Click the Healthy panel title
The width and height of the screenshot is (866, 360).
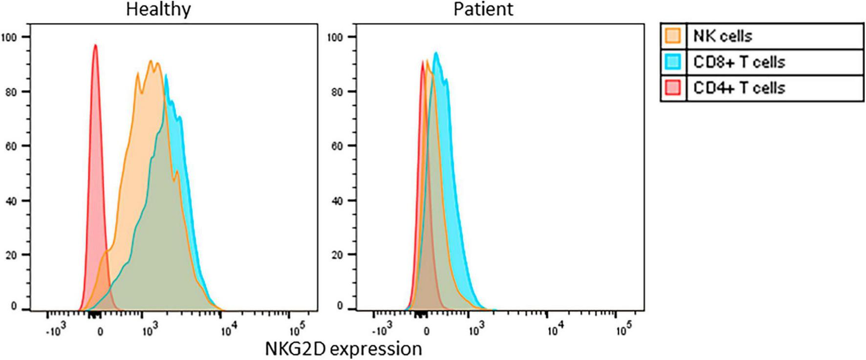click(x=158, y=9)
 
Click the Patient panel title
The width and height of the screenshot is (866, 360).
click(x=483, y=9)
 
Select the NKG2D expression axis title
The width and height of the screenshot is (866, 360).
click(x=343, y=349)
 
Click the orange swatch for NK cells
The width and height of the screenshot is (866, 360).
click(x=673, y=36)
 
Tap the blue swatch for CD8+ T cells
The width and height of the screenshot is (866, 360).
click(x=673, y=62)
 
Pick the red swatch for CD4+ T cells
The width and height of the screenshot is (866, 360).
click(x=673, y=88)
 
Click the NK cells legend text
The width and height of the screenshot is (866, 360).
click(x=722, y=36)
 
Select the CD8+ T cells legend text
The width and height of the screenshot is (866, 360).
click(x=739, y=62)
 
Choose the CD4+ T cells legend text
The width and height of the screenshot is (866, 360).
click(x=739, y=88)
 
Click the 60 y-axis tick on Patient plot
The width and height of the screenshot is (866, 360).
click(x=336, y=146)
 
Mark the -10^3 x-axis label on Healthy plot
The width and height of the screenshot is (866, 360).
click(x=55, y=331)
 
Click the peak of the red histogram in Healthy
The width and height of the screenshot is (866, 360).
click(x=95, y=45)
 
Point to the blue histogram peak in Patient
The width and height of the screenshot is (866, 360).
click(x=435, y=53)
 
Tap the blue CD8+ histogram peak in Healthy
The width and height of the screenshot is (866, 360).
click(x=166, y=75)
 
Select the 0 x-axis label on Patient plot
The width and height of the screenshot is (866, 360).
click(x=426, y=331)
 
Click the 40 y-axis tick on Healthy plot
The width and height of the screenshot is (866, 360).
click(x=11, y=201)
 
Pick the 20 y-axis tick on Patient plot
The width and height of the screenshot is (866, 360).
click(x=336, y=255)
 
